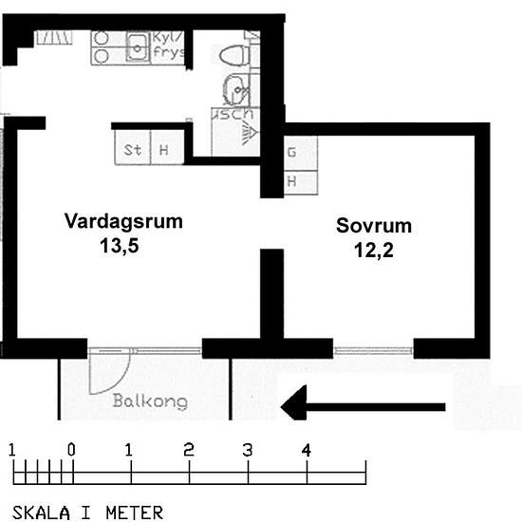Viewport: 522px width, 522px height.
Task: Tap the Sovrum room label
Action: coord(373,227)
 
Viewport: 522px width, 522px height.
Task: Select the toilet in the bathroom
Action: coord(233,56)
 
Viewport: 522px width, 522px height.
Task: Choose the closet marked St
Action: coord(133,150)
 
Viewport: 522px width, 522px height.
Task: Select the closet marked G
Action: coord(292,152)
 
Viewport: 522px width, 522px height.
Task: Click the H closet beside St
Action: coord(164,150)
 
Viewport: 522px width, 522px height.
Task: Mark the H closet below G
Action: coord(292,180)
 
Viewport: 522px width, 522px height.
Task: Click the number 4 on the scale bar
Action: coord(306,450)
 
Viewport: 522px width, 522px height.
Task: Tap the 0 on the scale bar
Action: coord(71,450)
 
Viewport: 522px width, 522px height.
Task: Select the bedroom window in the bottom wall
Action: coord(373,350)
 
